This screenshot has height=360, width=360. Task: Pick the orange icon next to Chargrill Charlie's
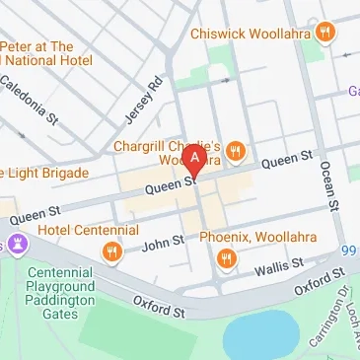point(236,152)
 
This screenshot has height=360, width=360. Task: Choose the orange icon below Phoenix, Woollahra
point(227,259)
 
